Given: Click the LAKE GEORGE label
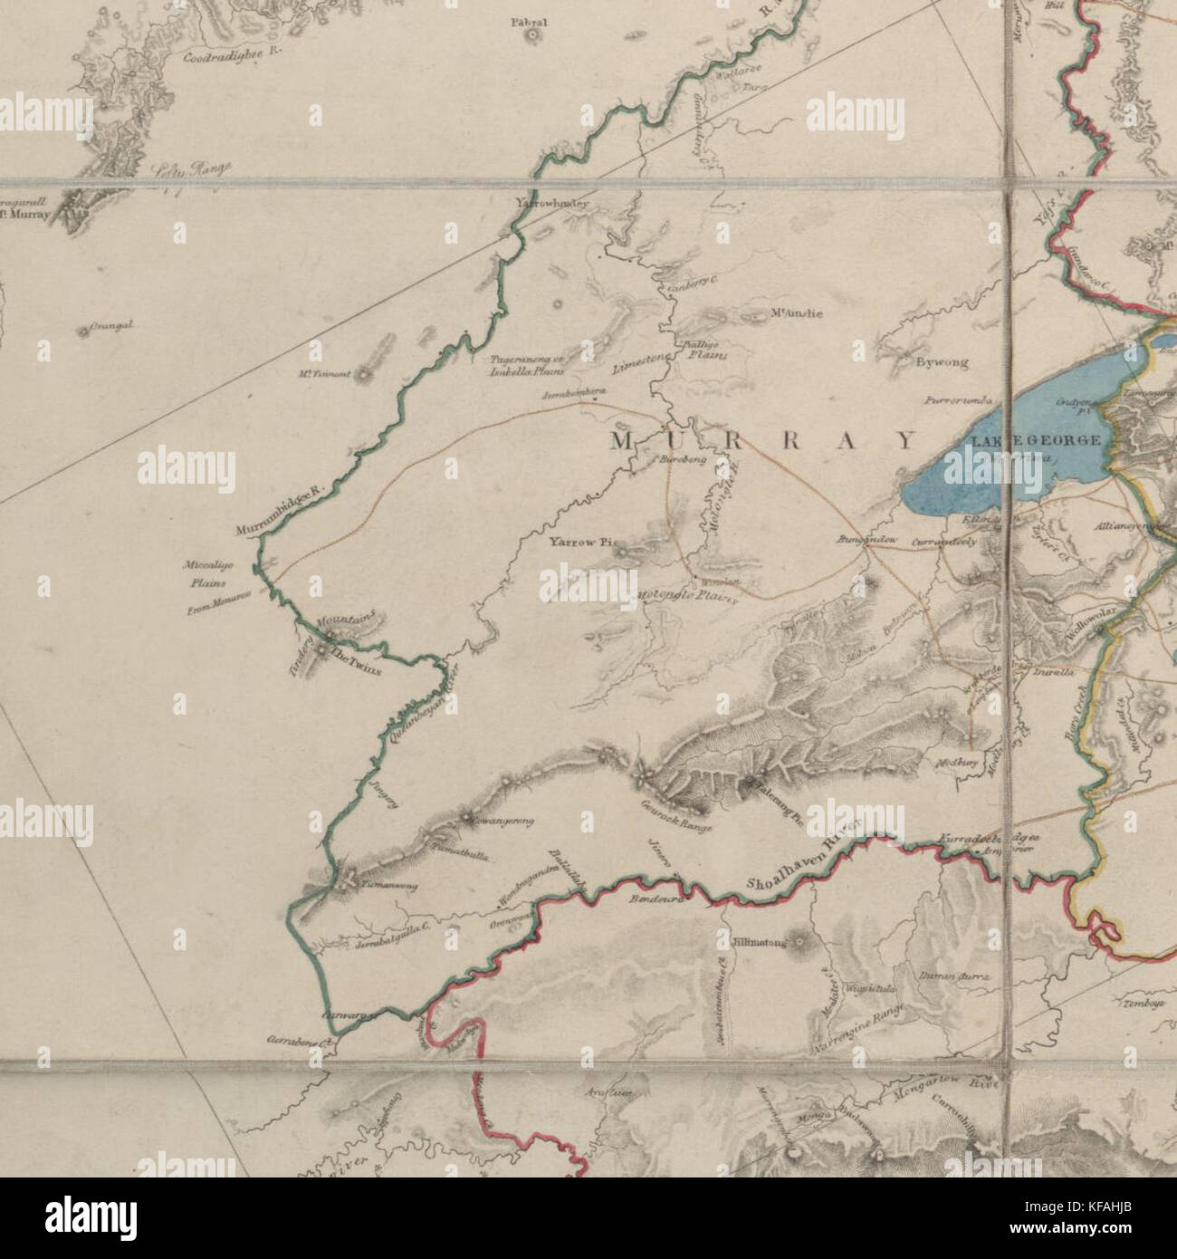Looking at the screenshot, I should (x=1036, y=440).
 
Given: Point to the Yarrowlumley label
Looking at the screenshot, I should (x=551, y=204).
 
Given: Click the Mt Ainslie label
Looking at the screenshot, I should (x=796, y=314).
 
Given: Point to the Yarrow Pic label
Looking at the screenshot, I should (x=581, y=543).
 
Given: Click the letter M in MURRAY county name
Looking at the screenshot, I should (x=623, y=441).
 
